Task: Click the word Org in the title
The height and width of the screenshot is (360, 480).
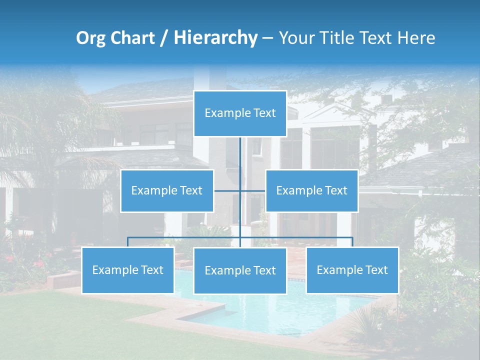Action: tap(91, 38)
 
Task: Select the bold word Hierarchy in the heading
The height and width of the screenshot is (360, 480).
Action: tap(215, 38)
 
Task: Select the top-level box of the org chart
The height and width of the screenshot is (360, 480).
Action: tap(240, 113)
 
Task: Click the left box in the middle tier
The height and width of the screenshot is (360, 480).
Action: tap(167, 191)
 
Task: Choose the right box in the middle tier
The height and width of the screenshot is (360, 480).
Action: tap(311, 191)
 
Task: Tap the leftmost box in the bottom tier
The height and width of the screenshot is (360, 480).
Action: tap(128, 270)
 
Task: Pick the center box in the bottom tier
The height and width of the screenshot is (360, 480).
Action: tap(240, 270)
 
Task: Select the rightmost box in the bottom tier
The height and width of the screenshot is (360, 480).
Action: tap(352, 270)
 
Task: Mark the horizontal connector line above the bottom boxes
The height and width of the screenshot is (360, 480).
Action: tap(185, 237)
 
